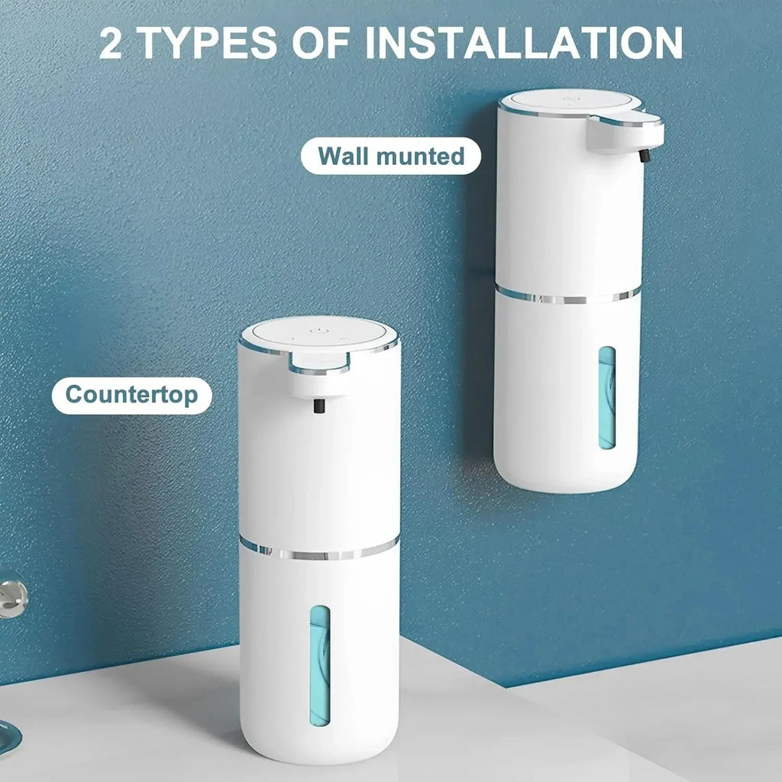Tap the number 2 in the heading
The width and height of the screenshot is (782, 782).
pyautogui.click(x=111, y=44)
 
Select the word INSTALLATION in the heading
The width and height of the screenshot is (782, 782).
pyautogui.click(x=524, y=44)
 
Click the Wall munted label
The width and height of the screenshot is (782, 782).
pyautogui.click(x=391, y=156)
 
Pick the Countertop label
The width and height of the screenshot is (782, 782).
pyautogui.click(x=131, y=395)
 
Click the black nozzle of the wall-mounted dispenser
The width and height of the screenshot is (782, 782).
pyautogui.click(x=643, y=155)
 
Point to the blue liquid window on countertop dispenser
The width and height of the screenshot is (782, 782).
pyautogui.click(x=319, y=664)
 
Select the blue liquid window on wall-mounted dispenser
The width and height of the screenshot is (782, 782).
pyautogui.click(x=607, y=397)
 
